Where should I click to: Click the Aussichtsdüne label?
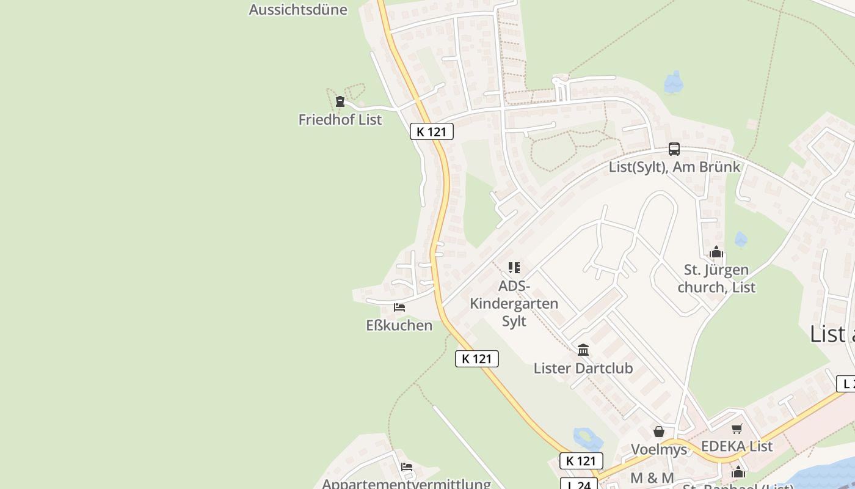[x=298, y=10]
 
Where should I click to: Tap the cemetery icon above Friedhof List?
[x=340, y=101]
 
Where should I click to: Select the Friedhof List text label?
[x=340, y=120]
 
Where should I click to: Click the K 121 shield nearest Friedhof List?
[x=432, y=131]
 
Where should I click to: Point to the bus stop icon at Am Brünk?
[x=674, y=149]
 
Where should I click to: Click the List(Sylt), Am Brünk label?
[x=674, y=167]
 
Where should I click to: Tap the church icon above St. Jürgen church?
[x=716, y=252]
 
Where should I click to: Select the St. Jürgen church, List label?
[x=716, y=278]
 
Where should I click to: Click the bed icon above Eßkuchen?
[x=399, y=307]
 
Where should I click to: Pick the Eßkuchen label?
[x=399, y=325]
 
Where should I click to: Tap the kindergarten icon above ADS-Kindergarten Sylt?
[x=514, y=268]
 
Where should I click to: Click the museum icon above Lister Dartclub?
[x=583, y=350]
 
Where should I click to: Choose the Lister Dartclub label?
[x=583, y=368]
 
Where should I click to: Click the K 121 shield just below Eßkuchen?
[x=477, y=359]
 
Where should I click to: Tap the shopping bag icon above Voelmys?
[x=659, y=432]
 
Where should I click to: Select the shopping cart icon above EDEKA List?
[x=737, y=428]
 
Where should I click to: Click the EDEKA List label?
[x=737, y=446]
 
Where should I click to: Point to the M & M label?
[x=652, y=478]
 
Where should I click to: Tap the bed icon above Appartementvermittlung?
[x=407, y=467]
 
